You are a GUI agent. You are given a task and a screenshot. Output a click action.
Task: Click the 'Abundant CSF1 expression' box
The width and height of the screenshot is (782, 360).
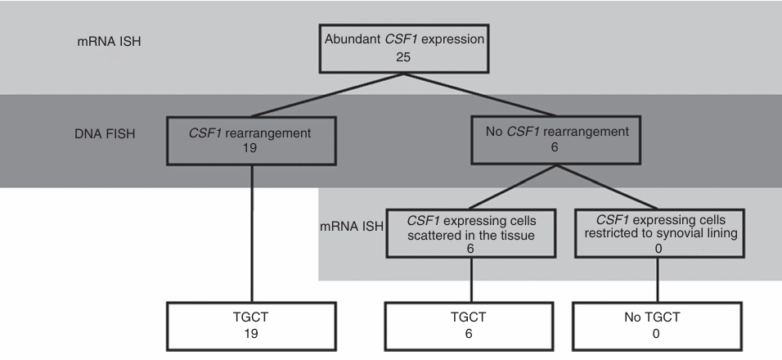pyautogui.click(x=399, y=49)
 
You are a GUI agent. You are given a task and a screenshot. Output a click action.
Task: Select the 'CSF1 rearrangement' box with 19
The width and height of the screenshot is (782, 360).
pyautogui.click(x=251, y=137)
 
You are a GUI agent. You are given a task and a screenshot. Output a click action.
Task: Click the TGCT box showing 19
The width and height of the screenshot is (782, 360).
pyautogui.click(x=251, y=325)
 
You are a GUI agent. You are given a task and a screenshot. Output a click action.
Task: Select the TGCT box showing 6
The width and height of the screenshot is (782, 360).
pyautogui.click(x=472, y=325)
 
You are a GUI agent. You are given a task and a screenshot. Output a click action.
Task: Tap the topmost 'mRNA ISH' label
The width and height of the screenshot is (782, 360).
pyautogui.click(x=104, y=38)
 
